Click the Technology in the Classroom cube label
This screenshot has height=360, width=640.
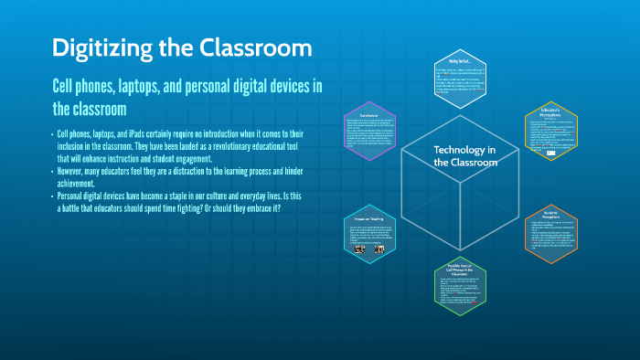coord(464,155)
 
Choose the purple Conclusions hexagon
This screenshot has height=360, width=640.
coord(370,131)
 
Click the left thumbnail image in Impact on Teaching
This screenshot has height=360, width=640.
coord(359,249)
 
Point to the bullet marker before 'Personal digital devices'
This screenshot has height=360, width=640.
coord(52,196)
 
